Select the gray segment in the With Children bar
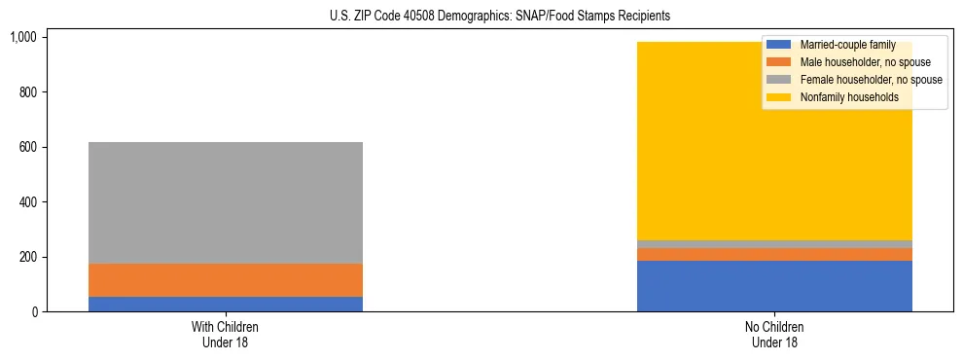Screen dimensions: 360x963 coord(225,202)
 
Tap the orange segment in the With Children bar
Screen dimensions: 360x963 coord(225,280)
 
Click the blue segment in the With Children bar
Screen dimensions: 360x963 coord(225,304)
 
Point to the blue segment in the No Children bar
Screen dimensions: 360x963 coord(774,286)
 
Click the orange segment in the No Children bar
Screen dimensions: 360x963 coord(774,254)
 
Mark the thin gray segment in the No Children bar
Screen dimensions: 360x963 coord(774,244)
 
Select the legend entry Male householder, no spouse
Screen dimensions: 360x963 coord(851,62)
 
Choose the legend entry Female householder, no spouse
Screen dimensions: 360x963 coord(857,80)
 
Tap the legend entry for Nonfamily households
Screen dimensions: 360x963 coord(842,97)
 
